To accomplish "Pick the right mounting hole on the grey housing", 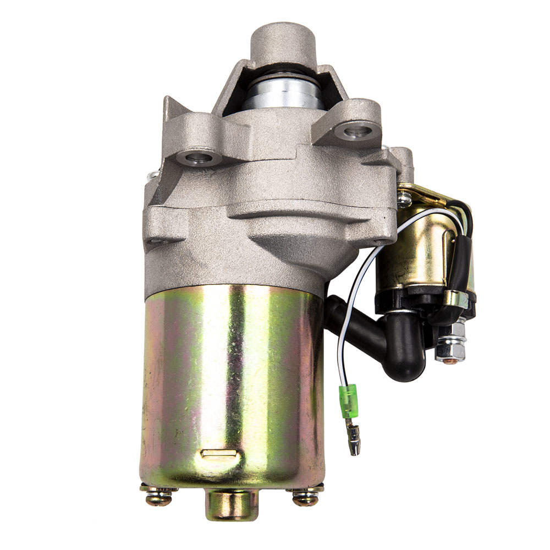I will click(x=357, y=131).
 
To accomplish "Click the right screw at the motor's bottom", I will click(x=305, y=497).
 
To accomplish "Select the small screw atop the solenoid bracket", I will click(x=404, y=199).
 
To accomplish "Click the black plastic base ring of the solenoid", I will click(x=407, y=300).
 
